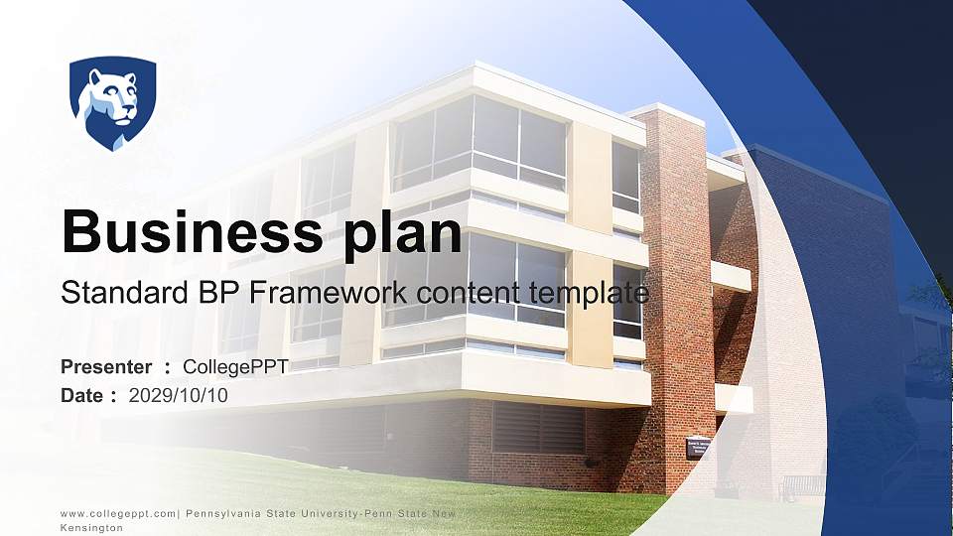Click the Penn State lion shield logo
tap(112, 103)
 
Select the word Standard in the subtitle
tap(109, 294)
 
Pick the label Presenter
tap(106, 367)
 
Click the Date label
tap(82, 395)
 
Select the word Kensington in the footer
tap(91, 529)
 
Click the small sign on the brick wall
tap(699, 447)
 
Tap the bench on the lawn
tap(802, 486)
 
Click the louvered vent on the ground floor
tap(538, 428)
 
